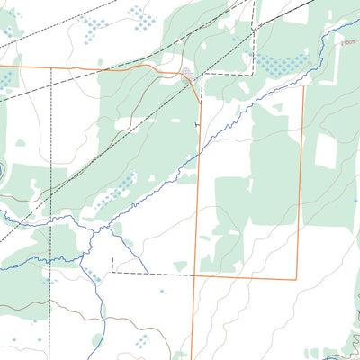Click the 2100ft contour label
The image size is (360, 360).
349,41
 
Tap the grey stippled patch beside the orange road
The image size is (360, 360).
186,74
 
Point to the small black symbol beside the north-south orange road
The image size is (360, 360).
196,122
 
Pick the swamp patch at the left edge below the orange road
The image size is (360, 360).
8,80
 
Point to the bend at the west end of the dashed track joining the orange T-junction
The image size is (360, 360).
112,271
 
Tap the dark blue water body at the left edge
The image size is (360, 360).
3,170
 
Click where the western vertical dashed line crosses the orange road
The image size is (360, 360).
50,67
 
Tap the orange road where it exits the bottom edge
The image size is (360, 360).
192,357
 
